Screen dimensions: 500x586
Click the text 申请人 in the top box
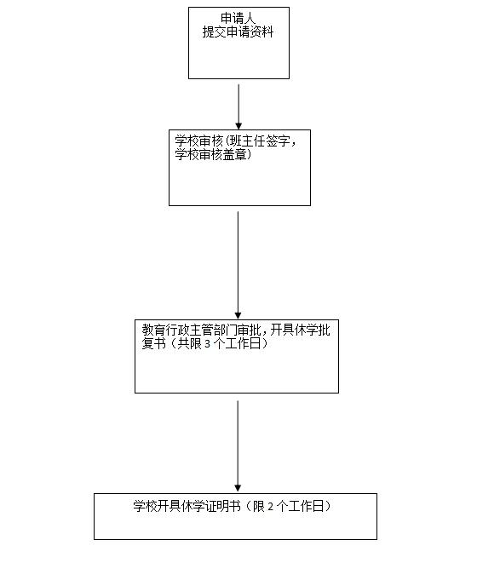tap(238, 18)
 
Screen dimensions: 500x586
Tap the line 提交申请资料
tap(238, 32)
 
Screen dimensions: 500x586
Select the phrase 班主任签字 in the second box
tap(260, 141)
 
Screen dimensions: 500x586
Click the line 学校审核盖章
tap(210, 155)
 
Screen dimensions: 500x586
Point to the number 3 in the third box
tap(207, 344)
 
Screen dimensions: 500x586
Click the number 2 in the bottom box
tap(271, 507)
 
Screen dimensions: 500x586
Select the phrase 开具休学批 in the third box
tap(300, 330)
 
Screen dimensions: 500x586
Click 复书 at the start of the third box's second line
tap(153, 343)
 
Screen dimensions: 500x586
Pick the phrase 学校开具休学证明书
tap(187, 507)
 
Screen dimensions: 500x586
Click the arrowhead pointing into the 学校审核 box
tap(239, 126)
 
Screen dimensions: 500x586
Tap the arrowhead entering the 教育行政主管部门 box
tap(238, 315)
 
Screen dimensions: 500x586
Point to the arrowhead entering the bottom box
tap(238, 488)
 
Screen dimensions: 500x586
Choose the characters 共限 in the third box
tap(189, 343)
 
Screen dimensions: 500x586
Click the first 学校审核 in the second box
tap(198, 141)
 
